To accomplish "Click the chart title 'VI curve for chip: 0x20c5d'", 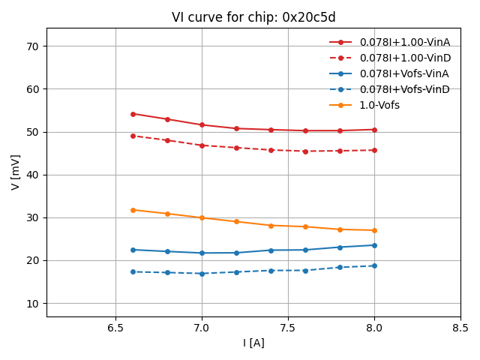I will [253, 17].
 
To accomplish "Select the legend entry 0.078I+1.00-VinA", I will [404, 42].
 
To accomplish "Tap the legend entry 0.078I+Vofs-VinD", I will [404, 89].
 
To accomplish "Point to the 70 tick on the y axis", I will [33, 46].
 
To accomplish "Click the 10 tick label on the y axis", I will [33, 304].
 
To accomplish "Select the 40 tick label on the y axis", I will [33, 175].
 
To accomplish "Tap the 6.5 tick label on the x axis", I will [115, 328].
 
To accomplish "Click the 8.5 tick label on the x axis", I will [460, 328].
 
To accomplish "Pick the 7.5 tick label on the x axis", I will [288, 328].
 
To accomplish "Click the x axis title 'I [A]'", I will [253, 343].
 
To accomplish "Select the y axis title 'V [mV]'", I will [16, 172].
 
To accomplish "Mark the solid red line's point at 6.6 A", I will [133, 114].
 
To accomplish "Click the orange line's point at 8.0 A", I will [374, 230].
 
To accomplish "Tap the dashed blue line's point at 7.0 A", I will [202, 274].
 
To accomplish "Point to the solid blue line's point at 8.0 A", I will [374, 245].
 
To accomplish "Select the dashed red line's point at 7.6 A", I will [305, 151].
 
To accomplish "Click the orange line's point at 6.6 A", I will [133, 210].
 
